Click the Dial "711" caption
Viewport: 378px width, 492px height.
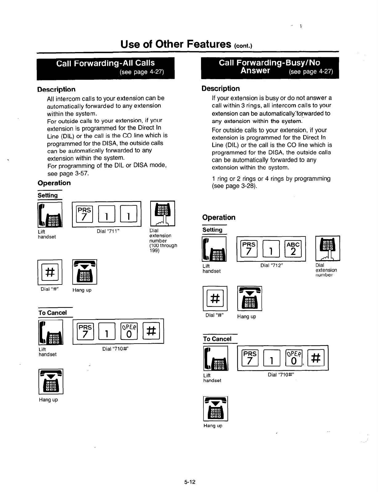tap(108, 231)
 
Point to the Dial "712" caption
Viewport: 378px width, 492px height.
tap(272, 265)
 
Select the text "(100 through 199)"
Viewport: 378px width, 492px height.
tap(163, 248)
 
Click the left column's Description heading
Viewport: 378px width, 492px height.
tap(56, 89)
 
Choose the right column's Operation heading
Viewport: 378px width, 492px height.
tap(219, 217)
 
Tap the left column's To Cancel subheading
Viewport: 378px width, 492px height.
tap(53, 313)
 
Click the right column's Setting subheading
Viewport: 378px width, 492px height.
tap(212, 230)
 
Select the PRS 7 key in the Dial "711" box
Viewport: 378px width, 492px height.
tap(85, 214)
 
